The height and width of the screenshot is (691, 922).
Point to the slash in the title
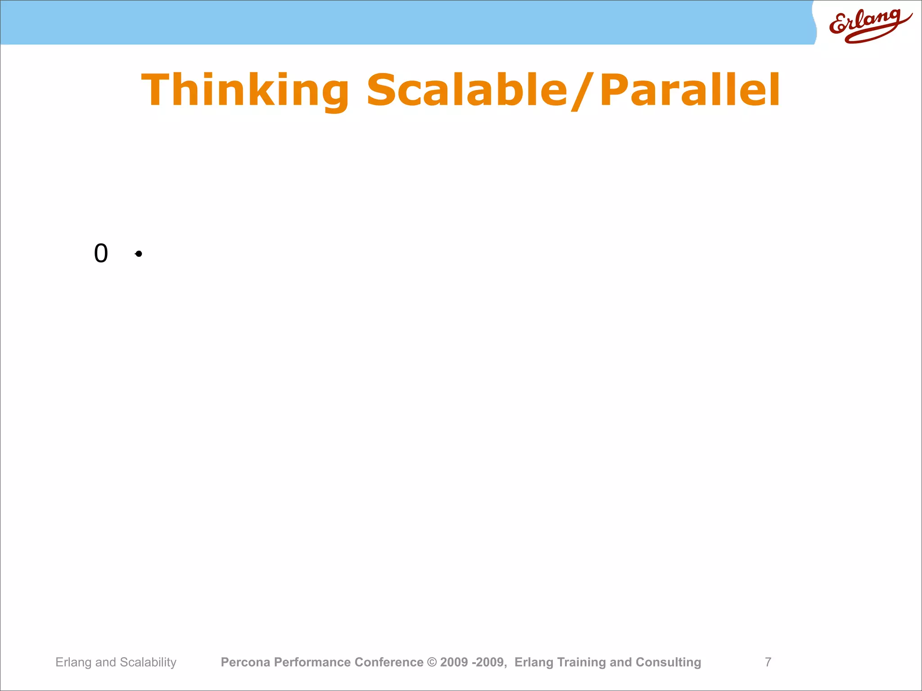[583, 91]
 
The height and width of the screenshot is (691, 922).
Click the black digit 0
[101, 253]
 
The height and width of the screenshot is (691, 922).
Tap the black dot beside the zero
[139, 254]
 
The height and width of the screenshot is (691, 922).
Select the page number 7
[768, 662]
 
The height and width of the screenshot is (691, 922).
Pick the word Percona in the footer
[245, 662]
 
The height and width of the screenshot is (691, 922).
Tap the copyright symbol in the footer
[432, 662]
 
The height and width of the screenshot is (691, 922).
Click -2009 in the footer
[489, 662]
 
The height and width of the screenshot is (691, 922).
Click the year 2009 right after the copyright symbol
[454, 662]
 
